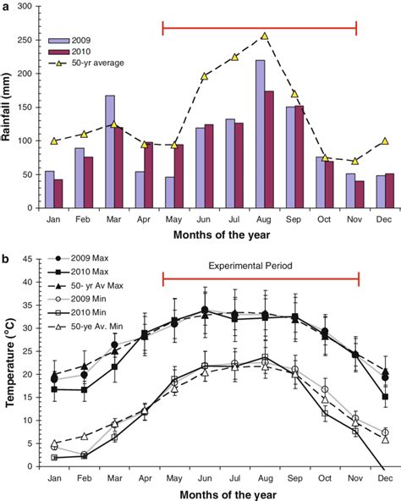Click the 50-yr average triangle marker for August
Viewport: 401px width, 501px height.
click(265, 36)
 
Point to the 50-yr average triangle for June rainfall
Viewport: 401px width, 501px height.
click(204, 76)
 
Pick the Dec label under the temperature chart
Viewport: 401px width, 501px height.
click(384, 477)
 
